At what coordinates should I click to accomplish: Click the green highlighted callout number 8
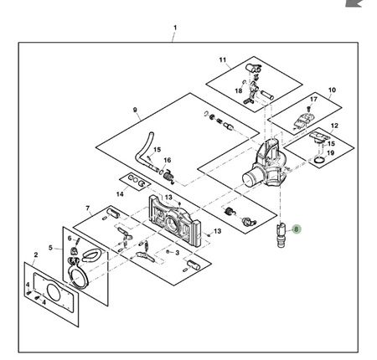coord(296,229)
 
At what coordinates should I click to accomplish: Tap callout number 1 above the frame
coord(175,28)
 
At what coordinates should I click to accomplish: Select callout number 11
coord(223,60)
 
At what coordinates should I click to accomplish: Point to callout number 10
coord(332,90)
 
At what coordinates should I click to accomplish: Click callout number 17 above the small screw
coord(313,100)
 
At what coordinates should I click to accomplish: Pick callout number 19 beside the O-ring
coord(330,153)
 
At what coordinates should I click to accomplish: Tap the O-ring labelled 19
coord(318,160)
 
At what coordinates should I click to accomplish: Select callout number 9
coord(135,110)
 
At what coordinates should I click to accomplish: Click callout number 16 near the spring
coord(168,160)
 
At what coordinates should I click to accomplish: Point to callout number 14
coord(120,194)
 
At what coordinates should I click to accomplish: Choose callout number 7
coord(88,208)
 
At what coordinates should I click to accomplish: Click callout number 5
coord(50,248)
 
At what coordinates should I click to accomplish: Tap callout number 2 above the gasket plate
coord(36,255)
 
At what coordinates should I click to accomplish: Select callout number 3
coord(177,253)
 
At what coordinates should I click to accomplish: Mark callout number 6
coord(70,239)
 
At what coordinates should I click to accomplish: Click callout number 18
coord(239,91)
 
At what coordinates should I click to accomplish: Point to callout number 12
coord(334,126)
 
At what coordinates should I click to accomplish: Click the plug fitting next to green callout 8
coord(281,235)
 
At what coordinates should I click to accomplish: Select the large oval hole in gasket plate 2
coord(53,292)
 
